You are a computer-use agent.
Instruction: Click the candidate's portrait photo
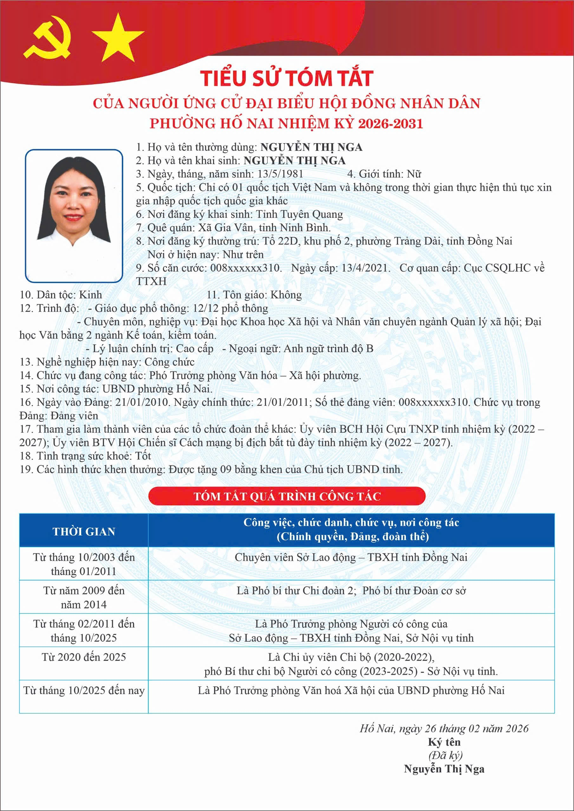pyautogui.click(x=74, y=216)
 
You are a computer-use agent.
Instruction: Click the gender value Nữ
pyautogui.click(x=414, y=174)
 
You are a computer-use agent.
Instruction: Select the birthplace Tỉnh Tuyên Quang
pyautogui.click(x=299, y=214)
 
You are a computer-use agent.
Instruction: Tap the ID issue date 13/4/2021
pyautogui.click(x=366, y=268)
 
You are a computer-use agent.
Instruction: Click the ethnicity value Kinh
pyautogui.click(x=90, y=295)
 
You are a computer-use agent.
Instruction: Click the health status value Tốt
pyautogui.click(x=143, y=456)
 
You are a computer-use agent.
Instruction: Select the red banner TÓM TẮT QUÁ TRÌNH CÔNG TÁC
pyautogui.click(x=287, y=496)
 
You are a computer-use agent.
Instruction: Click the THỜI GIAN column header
pyautogui.click(x=84, y=532)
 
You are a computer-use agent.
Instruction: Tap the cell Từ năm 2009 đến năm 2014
pyautogui.click(x=84, y=597)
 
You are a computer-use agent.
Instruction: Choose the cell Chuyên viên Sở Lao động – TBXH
pyautogui.click(x=351, y=557)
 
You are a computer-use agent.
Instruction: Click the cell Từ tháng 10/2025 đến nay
pyautogui.click(x=84, y=691)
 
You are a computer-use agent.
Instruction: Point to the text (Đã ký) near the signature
pyautogui.click(x=445, y=755)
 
